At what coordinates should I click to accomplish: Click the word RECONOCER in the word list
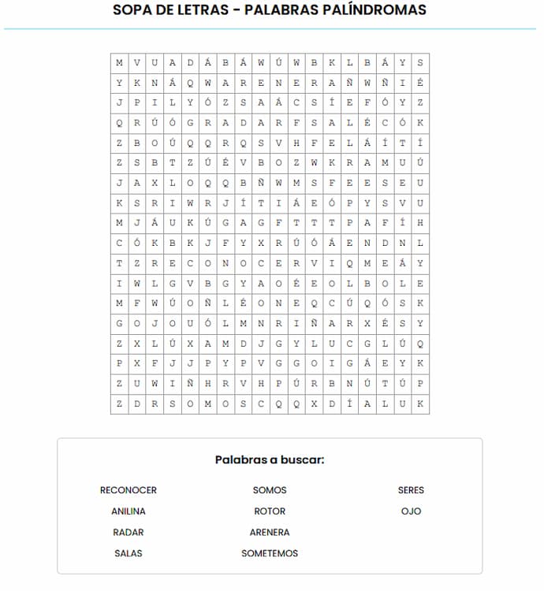pos(128,490)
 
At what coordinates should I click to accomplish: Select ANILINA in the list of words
pos(128,511)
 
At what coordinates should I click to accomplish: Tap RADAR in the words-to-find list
pos(128,533)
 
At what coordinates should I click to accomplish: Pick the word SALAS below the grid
pos(128,554)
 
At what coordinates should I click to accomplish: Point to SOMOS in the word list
pos(270,490)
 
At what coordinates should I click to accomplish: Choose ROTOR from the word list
pos(270,511)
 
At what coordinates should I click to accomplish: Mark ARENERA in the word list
pos(270,533)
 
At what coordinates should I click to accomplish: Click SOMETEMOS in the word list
pos(270,554)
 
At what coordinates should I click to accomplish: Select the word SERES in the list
pos(411,490)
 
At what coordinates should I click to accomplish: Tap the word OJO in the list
pos(411,511)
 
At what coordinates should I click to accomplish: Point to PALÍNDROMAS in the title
pos(374,10)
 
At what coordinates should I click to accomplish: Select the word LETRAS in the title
pos(207,10)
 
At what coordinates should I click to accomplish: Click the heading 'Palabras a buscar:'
pos(270,459)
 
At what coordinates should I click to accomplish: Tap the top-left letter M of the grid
pos(119,62)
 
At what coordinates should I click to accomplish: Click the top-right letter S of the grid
pos(420,62)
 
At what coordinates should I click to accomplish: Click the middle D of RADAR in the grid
pos(244,123)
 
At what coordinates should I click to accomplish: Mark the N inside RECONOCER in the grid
pos(225,263)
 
